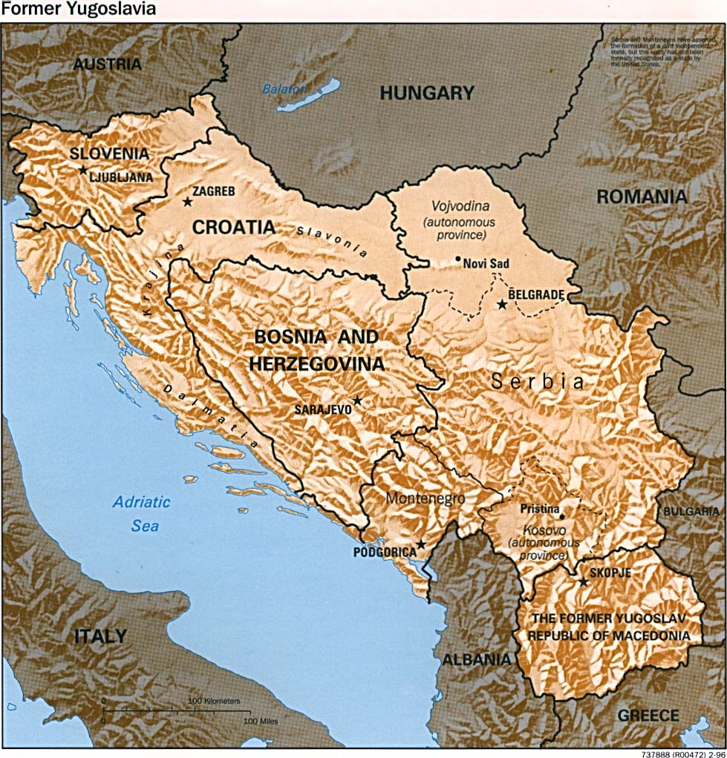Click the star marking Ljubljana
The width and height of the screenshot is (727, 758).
82,170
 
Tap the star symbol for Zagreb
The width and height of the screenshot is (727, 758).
187,201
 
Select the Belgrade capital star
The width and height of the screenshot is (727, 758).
502,304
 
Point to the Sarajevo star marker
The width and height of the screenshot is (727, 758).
357,401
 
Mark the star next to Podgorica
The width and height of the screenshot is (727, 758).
420,544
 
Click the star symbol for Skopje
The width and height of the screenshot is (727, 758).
584,582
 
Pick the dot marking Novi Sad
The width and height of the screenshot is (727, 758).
457,260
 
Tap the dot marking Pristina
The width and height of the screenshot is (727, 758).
562,517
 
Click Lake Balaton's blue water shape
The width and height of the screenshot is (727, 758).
309,96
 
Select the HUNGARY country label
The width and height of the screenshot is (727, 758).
426,93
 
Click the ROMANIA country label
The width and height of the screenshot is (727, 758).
642,197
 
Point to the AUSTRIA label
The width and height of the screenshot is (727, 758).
107,64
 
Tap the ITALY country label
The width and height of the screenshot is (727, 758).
100,636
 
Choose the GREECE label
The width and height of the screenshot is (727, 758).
648,715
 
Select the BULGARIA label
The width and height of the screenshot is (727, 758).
691,512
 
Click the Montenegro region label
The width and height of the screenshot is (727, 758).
425,498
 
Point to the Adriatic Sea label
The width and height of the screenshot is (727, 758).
141,513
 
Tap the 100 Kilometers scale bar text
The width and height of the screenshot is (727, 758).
214,700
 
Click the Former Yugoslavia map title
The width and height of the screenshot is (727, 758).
79,10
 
